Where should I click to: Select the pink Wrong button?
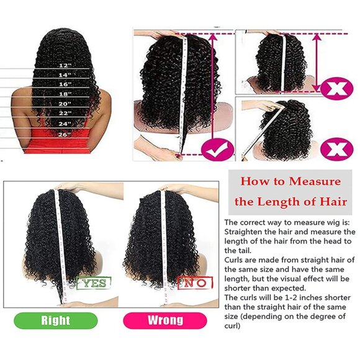165,320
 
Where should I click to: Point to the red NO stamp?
196,284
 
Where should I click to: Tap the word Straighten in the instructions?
248,232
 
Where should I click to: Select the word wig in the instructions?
326,222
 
